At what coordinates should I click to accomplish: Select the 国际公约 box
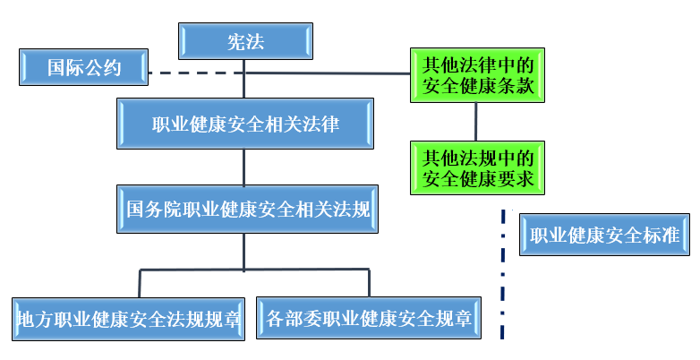click(x=83, y=67)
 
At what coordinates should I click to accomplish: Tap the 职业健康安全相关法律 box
click(x=244, y=124)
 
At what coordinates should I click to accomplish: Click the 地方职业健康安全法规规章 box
click(x=129, y=318)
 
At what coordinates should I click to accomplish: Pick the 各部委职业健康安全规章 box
click(x=368, y=318)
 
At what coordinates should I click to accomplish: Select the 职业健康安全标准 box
click(x=604, y=236)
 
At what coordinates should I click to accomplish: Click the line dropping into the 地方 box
click(x=139, y=282)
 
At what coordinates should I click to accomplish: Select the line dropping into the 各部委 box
click(x=369, y=282)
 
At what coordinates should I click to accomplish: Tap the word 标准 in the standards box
click(x=662, y=236)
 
